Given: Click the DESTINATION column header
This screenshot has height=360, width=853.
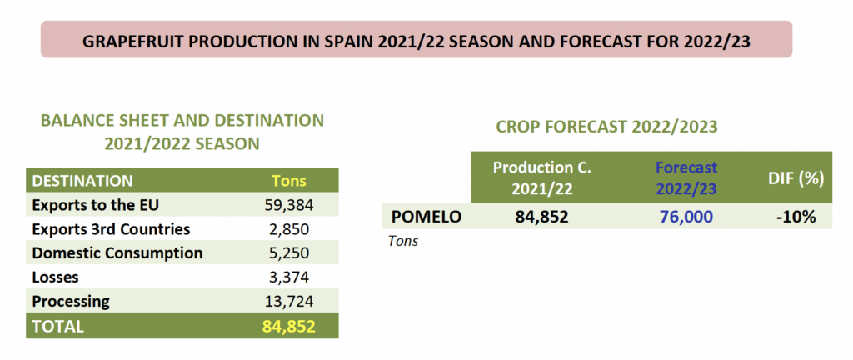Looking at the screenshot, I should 82,180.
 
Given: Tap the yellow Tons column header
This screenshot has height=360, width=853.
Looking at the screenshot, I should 289,180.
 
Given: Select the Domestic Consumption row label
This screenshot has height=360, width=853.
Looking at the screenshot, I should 117,252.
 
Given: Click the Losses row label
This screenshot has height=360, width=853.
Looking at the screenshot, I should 56,277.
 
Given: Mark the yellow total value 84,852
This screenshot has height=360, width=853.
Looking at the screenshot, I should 289,326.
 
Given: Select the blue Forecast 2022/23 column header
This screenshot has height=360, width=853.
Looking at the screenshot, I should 686,177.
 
